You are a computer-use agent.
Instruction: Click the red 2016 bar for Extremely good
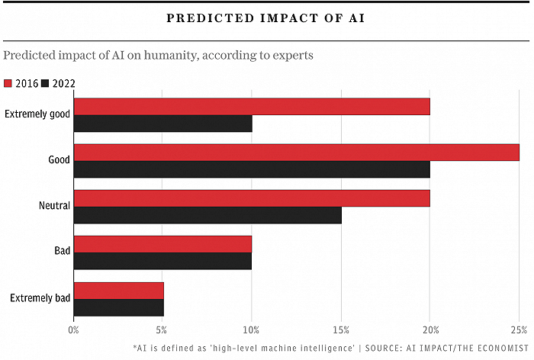252,106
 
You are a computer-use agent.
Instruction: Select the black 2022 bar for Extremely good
162,124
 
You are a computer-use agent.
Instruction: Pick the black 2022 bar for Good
252,169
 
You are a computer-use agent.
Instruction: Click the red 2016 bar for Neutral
252,198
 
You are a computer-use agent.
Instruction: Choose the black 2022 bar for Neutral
207,215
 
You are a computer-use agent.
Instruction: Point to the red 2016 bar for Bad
162,244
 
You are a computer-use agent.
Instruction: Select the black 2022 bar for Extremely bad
118,307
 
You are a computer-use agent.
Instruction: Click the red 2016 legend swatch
8,83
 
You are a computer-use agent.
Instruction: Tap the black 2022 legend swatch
44,83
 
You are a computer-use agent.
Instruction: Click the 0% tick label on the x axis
74,330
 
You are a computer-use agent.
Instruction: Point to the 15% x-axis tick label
341,330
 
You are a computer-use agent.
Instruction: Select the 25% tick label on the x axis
519,330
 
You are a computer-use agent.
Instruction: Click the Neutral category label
54,206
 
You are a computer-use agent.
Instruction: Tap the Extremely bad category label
40,297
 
